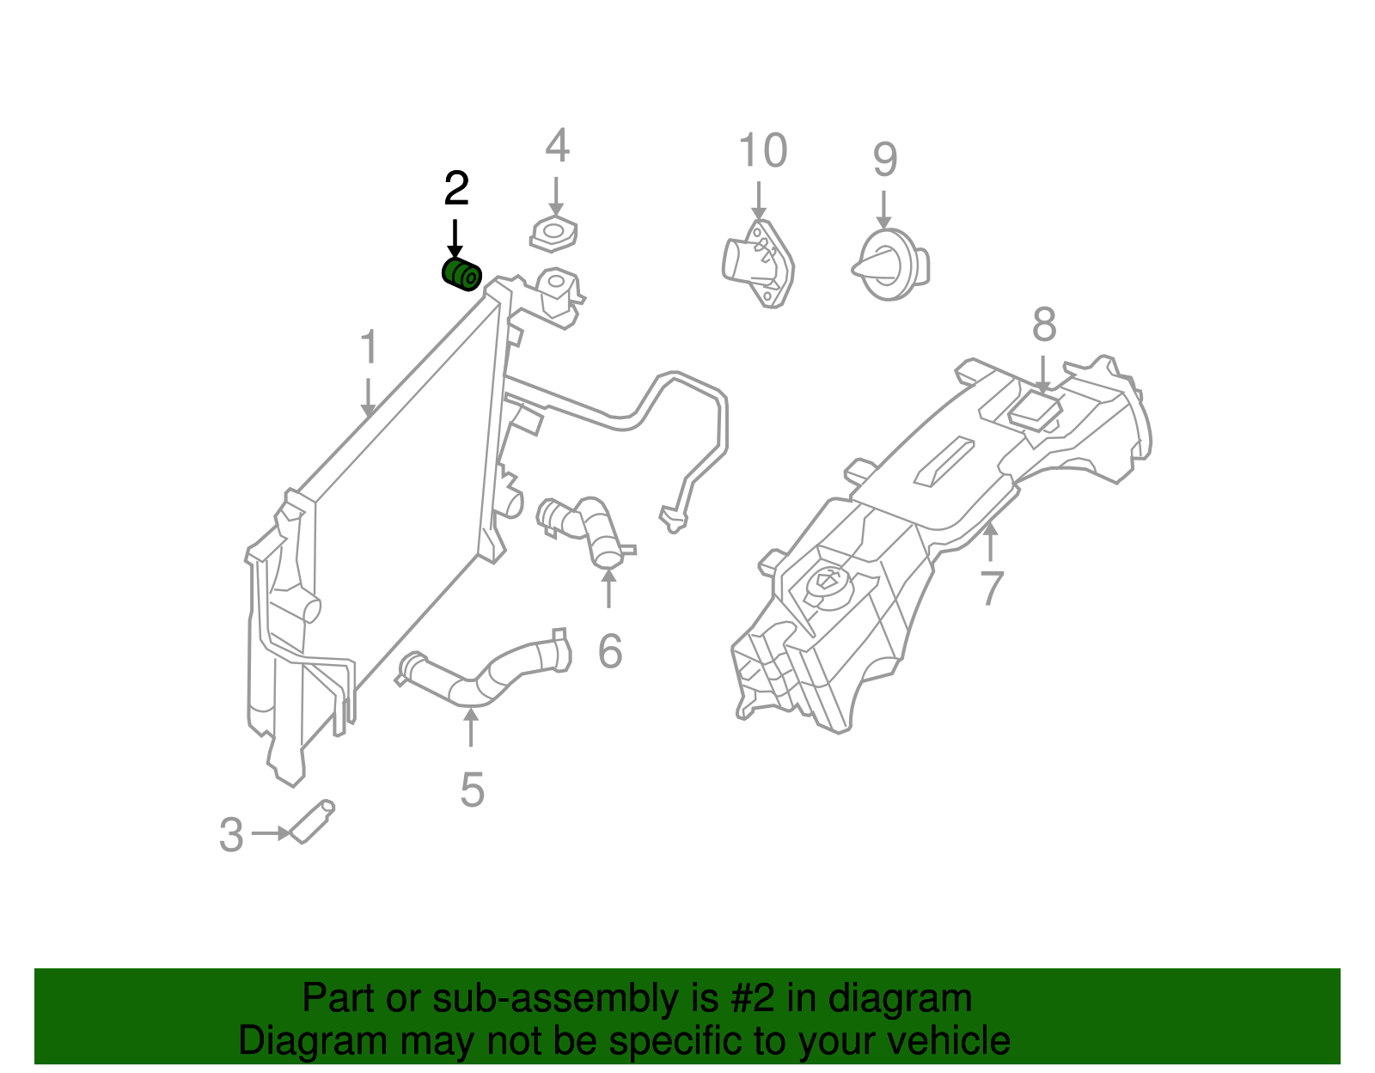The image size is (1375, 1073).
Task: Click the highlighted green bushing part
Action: coord(461,274)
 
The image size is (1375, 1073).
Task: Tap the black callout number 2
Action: coord(456,188)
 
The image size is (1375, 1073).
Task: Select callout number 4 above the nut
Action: coord(557,146)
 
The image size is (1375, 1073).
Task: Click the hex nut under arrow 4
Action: coord(553,233)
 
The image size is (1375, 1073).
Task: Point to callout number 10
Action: coord(762,151)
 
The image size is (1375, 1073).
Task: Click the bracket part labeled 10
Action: coord(758,262)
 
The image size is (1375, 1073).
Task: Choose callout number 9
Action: coord(885,160)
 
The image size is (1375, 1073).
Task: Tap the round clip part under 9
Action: coord(890,265)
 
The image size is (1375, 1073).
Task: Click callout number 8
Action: coord(1044,326)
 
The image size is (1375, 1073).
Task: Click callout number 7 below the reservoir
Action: coord(992,588)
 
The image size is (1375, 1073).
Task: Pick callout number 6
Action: coord(609,651)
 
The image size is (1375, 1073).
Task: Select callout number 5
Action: coord(472,790)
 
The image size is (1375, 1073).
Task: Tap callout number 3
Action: coord(231,835)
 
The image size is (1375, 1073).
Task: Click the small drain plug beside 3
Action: coord(312,822)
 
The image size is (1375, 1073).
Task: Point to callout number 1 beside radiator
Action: coord(369,347)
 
